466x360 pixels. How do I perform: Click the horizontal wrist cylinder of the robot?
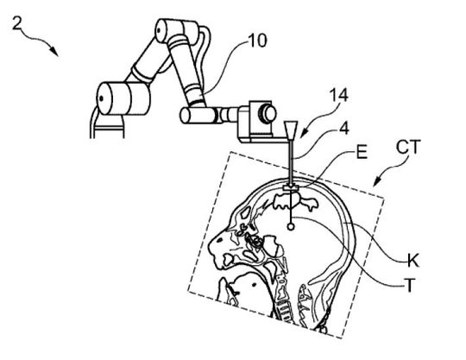196,113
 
